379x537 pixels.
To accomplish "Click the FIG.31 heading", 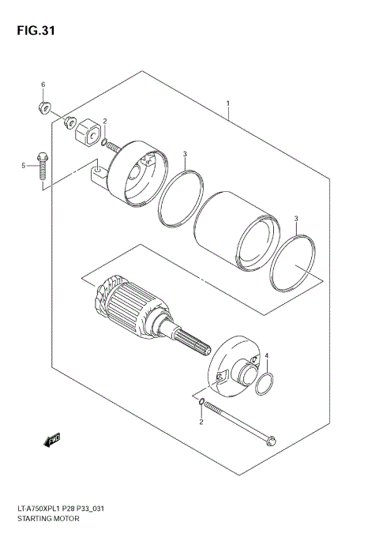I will (32, 32).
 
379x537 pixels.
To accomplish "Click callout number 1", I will (227, 103).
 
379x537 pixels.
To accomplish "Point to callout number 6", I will (43, 84).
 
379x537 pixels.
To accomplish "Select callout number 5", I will (24, 165).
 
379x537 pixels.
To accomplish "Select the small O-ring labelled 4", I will (267, 385).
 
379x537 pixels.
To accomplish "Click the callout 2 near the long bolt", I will (201, 422).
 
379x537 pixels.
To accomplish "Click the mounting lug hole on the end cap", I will (96, 169).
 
